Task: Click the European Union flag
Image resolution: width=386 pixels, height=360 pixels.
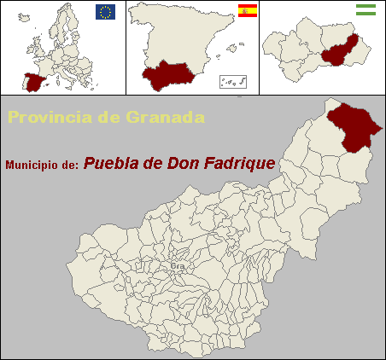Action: (106, 11)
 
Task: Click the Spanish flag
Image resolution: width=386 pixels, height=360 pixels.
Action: (247, 11)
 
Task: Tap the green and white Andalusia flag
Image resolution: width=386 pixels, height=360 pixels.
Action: (366, 10)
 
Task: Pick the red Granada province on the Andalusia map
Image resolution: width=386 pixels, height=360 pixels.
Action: (339, 50)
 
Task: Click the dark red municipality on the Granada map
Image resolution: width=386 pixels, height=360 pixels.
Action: (352, 126)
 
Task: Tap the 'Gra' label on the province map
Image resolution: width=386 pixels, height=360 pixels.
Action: (178, 266)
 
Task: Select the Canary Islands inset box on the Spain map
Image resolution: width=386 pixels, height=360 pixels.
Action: (233, 81)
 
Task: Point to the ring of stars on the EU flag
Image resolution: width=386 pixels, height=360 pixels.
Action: (106, 11)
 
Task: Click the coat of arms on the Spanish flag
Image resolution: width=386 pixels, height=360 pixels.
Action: (244, 11)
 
